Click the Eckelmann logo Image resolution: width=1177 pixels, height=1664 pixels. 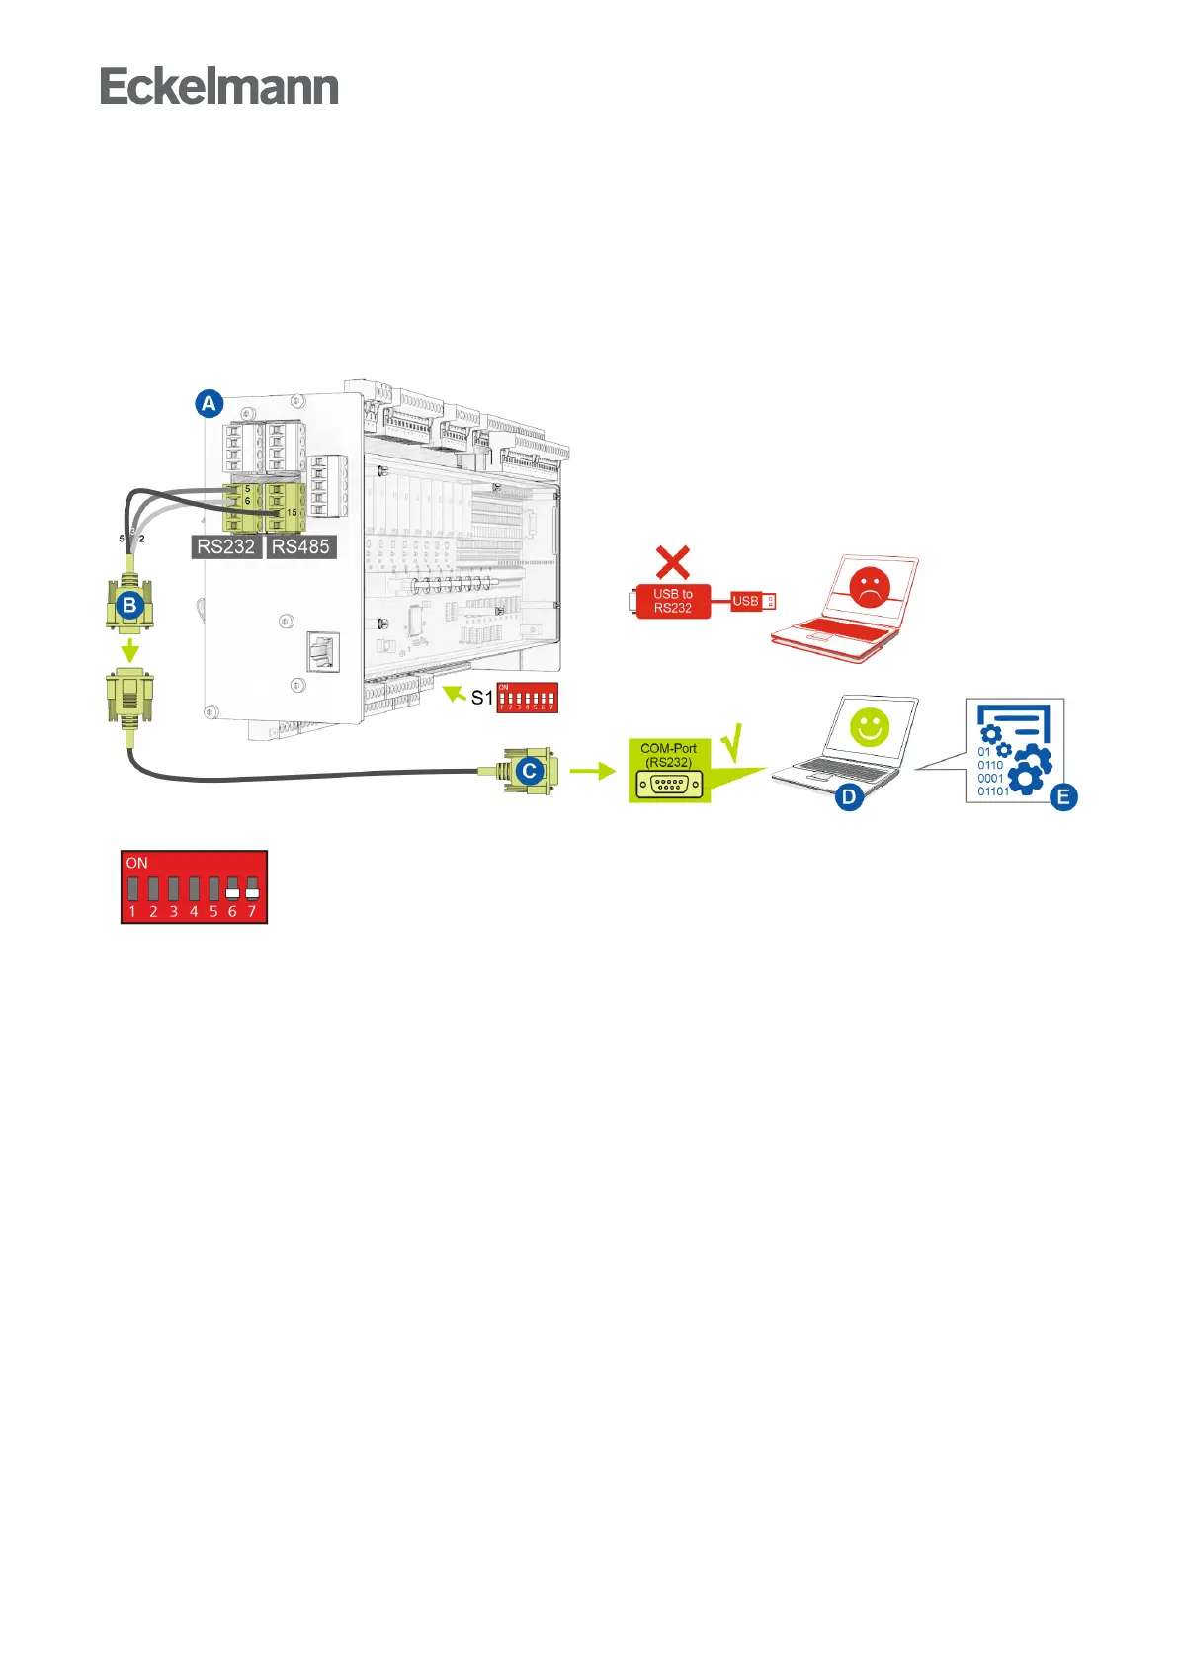[219, 87]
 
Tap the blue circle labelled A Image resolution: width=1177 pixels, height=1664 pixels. [209, 403]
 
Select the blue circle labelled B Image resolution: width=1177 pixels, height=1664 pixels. [129, 605]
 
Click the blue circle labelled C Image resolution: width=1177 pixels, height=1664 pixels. [530, 770]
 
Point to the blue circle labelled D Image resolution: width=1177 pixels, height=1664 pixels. [849, 795]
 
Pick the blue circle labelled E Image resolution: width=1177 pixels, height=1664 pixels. [1063, 796]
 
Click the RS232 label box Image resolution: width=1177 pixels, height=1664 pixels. [226, 546]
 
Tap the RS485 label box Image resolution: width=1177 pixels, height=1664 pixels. [300, 546]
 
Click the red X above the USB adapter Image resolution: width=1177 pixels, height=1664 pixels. [673, 563]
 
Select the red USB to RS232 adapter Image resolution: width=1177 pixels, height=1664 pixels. [672, 601]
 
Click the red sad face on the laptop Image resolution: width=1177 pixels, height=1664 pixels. [870, 587]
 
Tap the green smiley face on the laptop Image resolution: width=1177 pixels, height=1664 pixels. [870, 728]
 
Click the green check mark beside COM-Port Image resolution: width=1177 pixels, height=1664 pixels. [732, 743]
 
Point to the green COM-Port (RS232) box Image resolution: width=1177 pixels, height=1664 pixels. [669, 770]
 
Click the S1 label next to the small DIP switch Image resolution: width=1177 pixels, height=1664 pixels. [481, 698]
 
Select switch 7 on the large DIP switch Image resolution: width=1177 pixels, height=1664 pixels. [252, 888]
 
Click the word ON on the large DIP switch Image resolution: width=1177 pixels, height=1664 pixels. [136, 863]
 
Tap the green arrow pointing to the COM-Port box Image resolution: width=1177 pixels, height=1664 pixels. [592, 770]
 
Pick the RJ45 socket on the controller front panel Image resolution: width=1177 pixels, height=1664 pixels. [323, 651]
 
